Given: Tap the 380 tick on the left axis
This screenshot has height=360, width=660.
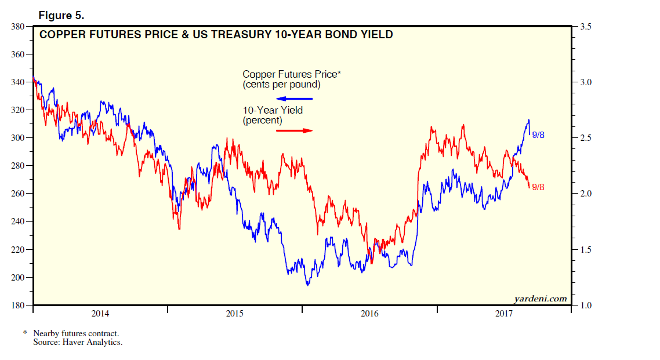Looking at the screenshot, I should [x=16, y=27].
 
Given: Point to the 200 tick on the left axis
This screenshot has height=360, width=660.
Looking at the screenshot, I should [x=16, y=277].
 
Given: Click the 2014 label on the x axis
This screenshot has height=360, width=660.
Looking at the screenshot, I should [x=100, y=314].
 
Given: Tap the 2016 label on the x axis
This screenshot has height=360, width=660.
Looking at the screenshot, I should [x=369, y=314].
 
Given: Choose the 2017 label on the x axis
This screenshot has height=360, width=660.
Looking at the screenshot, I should [x=504, y=314].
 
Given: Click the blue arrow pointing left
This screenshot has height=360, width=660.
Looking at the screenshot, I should [x=294, y=99].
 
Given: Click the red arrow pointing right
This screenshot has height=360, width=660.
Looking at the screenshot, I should [x=294, y=130].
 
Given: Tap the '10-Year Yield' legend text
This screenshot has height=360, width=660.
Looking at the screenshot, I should [x=273, y=110].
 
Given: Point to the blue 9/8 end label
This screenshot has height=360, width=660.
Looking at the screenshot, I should [x=538, y=135].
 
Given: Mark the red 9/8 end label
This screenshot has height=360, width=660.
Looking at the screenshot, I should [x=538, y=187].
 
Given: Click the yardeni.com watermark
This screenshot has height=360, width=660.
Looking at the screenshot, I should [x=540, y=299].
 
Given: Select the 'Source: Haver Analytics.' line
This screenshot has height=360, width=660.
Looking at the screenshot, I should [x=78, y=342].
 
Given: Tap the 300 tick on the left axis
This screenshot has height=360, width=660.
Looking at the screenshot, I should [x=16, y=138].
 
